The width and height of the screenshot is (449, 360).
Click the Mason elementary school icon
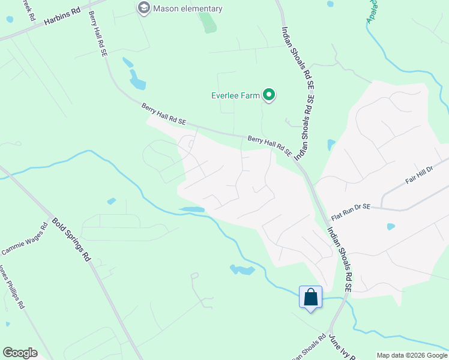(x=143, y=8)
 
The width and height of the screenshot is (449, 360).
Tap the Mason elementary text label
(x=187, y=8)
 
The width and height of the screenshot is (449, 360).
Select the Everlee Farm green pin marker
(x=270, y=95)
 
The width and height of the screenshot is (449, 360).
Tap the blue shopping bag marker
(x=310, y=297)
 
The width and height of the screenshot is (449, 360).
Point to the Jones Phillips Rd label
(x=11, y=286)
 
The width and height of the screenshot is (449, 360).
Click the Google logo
(x=20, y=353)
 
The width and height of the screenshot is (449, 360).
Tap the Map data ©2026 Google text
(x=411, y=355)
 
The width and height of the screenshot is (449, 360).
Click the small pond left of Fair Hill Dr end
(x=331, y=145)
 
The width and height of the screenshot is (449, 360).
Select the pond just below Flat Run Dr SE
(x=391, y=227)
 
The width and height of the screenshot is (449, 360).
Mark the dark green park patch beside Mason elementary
(x=208, y=22)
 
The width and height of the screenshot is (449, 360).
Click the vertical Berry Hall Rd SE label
(x=97, y=34)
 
